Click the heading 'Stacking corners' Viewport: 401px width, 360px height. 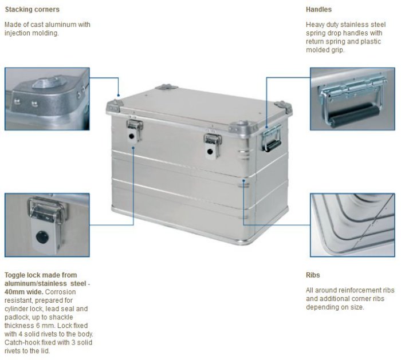[x=32, y=10]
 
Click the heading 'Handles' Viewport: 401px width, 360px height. [x=319, y=10]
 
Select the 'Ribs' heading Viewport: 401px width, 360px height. [x=313, y=275]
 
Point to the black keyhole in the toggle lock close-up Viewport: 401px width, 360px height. [x=42, y=237]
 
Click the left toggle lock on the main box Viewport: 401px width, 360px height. [x=135, y=130]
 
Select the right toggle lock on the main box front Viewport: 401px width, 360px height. [x=213, y=146]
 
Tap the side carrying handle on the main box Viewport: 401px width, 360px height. [x=272, y=139]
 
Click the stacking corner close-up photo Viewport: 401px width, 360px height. [x=47, y=99]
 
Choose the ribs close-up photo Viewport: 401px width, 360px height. [x=352, y=225]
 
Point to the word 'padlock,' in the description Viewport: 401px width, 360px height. [x=17, y=317]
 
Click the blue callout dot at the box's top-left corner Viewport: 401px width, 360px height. [x=119, y=96]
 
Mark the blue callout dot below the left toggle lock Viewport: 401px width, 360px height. [x=133, y=148]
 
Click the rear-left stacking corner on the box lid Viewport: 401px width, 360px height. [x=166, y=87]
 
